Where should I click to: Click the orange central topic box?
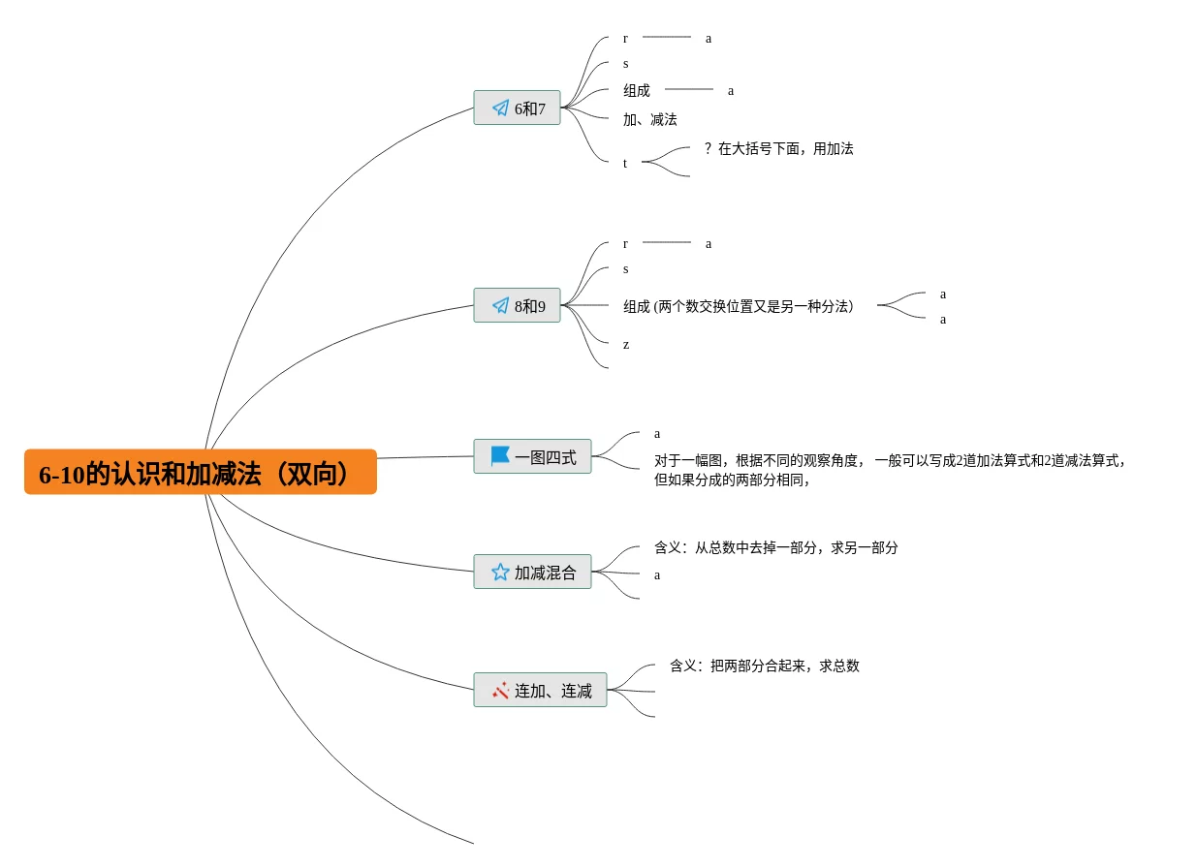201,472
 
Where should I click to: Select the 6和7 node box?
517,108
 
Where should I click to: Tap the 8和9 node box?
517,305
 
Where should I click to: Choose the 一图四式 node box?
532,456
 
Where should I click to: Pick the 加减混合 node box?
532,573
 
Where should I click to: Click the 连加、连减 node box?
540,690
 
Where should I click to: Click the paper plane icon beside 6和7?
501,108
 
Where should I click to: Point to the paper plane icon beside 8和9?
501,305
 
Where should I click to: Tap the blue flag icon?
500,456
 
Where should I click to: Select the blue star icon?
500,573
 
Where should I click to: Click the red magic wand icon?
501,690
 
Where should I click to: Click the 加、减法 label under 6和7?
649,120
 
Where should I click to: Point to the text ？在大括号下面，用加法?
778,148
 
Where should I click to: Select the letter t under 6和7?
625,164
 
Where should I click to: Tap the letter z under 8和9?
626,345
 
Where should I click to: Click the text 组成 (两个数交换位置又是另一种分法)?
738,306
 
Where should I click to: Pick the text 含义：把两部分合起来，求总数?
765,666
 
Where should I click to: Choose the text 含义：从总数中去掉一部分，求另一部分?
776,547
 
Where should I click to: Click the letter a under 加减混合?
657,575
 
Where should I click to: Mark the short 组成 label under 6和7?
637,91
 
